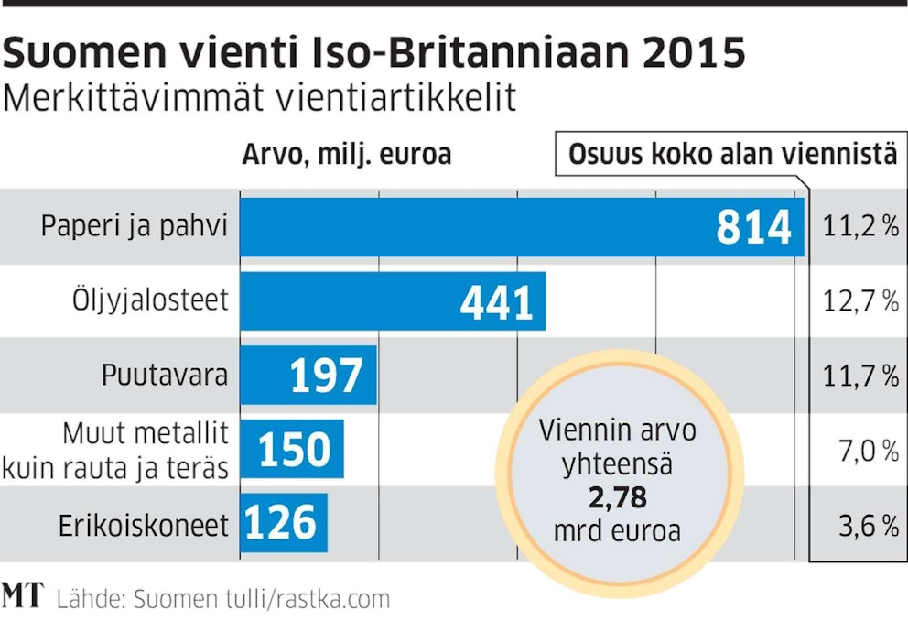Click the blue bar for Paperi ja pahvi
click(476, 227)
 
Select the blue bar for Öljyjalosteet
click(366, 300)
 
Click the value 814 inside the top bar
click(753, 227)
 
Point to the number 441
click(496, 301)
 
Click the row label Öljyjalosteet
click(150, 300)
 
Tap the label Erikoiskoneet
click(143, 525)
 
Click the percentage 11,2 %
click(860, 227)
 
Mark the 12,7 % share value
click(860, 301)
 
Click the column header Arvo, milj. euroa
click(346, 154)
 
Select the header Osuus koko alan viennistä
click(732, 154)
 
